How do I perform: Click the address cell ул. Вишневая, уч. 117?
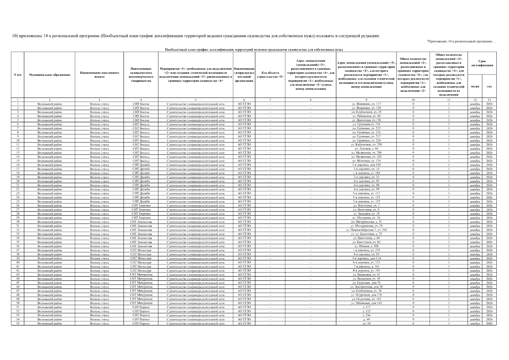pos(366,104)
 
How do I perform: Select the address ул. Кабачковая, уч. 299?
pos(366,145)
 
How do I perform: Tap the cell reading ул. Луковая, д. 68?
pos(366,148)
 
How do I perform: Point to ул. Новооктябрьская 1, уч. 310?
pos(366,230)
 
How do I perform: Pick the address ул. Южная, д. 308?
pos(366,246)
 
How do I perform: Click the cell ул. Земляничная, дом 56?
pos(366,287)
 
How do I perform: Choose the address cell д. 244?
pos(366,315)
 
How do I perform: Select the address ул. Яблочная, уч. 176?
pos(366,161)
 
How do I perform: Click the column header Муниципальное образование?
pos(49,75)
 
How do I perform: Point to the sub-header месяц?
pos(475,86)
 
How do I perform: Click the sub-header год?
pos(489,86)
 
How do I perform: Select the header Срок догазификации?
pos(482,63)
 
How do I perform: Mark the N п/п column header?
pos(18,75)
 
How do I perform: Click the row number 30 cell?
pos(18,222)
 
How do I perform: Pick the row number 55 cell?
pos(18,323)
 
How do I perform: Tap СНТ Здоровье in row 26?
pos(141,205)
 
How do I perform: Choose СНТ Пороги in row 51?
pos(141,307)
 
